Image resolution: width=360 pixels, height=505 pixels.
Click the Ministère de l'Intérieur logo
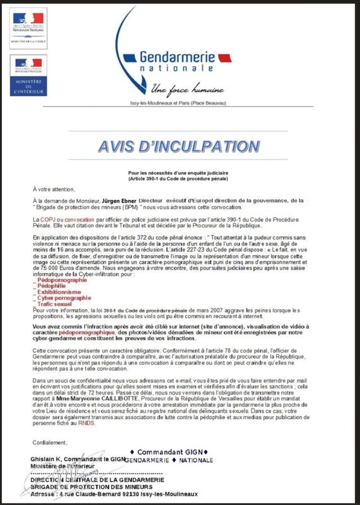pos(28,75)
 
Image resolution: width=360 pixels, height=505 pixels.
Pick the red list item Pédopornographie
pos(63,280)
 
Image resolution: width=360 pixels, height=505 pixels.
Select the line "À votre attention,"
pos(54,189)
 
